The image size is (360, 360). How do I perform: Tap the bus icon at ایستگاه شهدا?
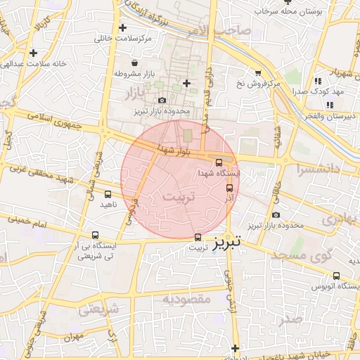tap(219, 163)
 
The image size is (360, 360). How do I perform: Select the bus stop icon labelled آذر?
tap(229, 188)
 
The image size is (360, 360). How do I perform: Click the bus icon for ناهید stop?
tap(108, 193)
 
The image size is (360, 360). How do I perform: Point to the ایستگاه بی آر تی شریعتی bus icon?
tap(95, 236)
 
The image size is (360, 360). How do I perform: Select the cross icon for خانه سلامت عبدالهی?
tap(33, 52)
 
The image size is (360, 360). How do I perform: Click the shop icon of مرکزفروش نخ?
tap(258, 72)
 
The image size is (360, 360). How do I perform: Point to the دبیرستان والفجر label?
tap(337, 115)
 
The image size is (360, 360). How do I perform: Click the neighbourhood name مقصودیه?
tap(186, 299)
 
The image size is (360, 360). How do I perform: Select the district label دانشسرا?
tap(318, 169)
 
